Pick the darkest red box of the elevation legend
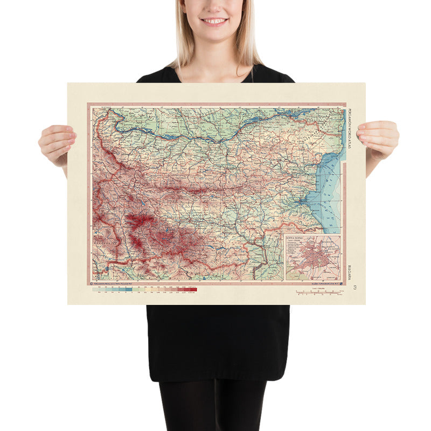coord(193,290)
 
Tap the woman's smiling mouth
coord(214,21)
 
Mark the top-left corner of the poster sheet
coord(68,84)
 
